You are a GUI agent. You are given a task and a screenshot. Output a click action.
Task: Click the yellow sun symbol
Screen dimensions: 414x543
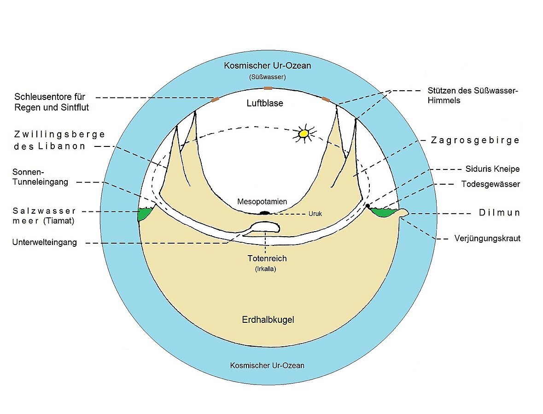303,134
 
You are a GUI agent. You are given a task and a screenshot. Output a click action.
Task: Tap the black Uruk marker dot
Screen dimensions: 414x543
264,213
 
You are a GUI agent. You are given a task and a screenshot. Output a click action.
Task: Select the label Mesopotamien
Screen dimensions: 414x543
262,202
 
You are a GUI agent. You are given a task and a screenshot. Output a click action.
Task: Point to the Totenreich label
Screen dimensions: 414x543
267,259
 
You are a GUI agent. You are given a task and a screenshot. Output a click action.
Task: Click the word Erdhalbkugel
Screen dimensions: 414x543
268,320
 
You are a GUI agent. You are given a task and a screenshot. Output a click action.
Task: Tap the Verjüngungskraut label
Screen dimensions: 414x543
487,239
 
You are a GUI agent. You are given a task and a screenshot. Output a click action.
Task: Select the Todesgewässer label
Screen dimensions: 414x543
490,184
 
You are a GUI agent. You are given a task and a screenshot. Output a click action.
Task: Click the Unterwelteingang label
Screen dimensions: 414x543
45,243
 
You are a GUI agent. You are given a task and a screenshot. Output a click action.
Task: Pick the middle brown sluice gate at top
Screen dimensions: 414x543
268,88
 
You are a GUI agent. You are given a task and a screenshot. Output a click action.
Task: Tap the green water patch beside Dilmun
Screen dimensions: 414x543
383,213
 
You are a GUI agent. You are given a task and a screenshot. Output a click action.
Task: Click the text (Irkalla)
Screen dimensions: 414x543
267,270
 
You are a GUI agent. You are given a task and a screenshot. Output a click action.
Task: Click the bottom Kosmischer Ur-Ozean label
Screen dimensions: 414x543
267,366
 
